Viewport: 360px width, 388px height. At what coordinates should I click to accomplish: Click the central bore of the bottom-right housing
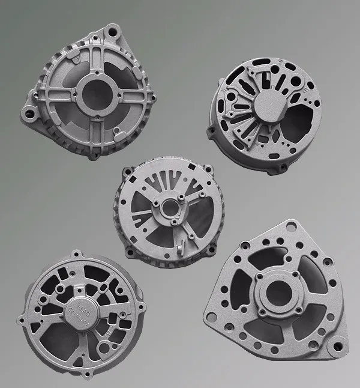[275, 291]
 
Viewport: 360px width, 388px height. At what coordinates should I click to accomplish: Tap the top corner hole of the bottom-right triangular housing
[292, 226]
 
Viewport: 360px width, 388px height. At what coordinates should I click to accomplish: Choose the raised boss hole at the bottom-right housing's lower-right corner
[338, 347]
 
